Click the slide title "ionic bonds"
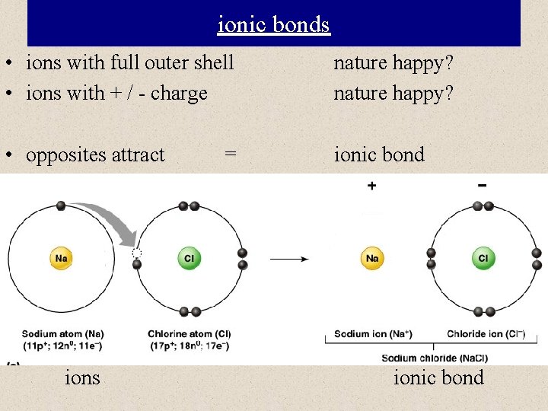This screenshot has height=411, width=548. [x=273, y=24]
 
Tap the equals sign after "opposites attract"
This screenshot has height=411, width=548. [x=230, y=155]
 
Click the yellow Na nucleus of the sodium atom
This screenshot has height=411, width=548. [x=61, y=259]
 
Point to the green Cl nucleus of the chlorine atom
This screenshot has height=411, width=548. [x=189, y=259]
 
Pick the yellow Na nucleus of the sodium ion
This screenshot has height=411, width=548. [x=372, y=259]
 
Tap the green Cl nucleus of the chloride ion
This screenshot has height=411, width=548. [x=483, y=259]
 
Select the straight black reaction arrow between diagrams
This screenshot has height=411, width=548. [x=289, y=259]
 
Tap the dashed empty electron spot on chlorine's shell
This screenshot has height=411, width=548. [x=137, y=253]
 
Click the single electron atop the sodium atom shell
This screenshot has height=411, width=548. [x=61, y=205]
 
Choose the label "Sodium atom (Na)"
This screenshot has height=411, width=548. [x=62, y=334]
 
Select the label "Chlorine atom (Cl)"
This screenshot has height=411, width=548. [x=190, y=334]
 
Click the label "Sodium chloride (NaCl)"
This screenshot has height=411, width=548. [x=435, y=358]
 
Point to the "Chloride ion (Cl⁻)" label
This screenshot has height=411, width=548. [x=484, y=334]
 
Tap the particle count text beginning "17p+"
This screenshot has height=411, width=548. [x=190, y=346]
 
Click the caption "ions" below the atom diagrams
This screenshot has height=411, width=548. [x=82, y=378]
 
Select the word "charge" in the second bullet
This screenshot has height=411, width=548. [x=179, y=94]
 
